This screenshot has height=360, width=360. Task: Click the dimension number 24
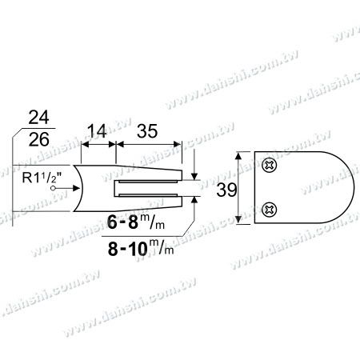(38, 118)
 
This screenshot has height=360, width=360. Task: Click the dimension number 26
(39, 139)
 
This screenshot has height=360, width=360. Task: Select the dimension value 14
(97, 131)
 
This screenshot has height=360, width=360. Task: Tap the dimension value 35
(147, 131)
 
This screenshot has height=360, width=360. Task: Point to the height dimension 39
(226, 190)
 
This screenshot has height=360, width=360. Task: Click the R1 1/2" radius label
(42, 177)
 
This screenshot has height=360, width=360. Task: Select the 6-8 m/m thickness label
(136, 222)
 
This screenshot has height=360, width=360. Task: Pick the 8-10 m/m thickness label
(141, 248)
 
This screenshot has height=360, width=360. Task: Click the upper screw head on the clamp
(270, 166)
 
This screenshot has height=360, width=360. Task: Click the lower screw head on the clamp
(270, 210)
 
